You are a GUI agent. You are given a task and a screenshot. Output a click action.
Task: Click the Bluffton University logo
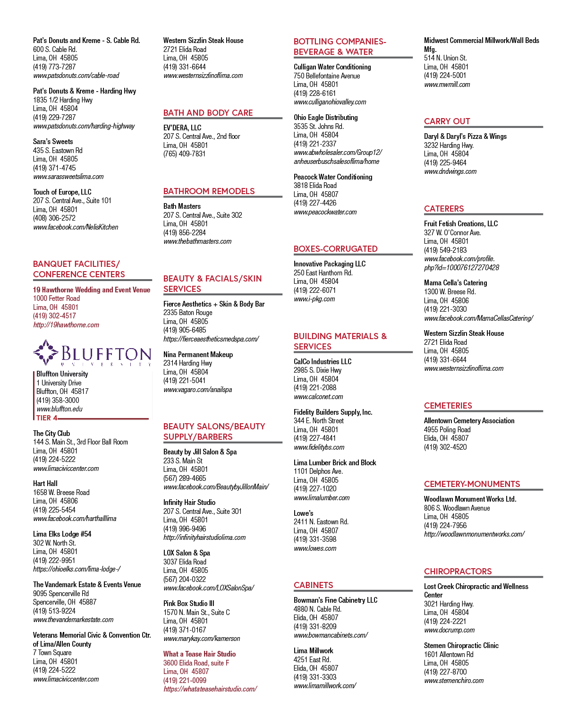(92, 353)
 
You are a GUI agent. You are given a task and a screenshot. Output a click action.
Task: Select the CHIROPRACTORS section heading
(458, 571)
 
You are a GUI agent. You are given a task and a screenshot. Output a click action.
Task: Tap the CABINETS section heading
(313, 585)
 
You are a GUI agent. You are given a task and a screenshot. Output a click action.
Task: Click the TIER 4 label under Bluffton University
(47, 418)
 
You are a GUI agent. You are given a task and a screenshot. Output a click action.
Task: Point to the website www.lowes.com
(315, 548)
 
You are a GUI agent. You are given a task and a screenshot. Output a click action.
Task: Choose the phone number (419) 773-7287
(54, 67)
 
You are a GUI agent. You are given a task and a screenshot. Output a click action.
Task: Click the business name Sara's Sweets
(52, 141)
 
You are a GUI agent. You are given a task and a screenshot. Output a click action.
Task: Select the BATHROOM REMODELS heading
(209, 191)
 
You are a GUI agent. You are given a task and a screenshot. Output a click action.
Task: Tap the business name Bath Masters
(182, 206)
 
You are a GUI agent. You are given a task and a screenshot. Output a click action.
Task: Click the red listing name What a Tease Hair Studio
(199, 654)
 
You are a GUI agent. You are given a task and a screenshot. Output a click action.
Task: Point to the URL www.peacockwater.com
(325, 212)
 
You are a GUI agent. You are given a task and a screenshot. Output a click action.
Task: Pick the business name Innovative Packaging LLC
(330, 264)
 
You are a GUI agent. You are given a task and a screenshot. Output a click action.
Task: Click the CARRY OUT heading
(447, 121)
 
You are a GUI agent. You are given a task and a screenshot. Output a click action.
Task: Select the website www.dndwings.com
(450, 171)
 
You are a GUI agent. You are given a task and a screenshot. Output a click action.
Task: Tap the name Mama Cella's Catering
(455, 283)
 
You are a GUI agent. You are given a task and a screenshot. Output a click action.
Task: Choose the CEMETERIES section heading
(448, 405)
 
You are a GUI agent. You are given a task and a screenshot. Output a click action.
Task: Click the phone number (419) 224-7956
(445, 525)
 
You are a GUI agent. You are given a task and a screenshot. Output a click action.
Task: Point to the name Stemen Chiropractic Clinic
(461, 645)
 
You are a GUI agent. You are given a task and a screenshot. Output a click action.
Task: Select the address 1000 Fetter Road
(56, 298)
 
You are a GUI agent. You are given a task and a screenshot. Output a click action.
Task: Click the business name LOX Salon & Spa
(187, 553)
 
